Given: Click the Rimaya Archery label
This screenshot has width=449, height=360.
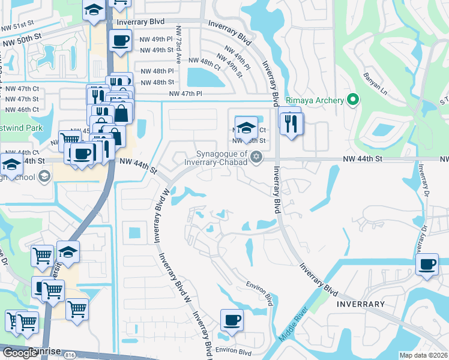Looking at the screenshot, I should point(315,100).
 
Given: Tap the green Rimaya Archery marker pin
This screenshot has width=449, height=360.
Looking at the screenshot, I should point(354,100).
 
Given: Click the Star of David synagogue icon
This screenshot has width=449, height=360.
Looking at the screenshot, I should point(257,157).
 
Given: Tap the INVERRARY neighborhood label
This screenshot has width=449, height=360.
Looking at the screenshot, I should point(361,304).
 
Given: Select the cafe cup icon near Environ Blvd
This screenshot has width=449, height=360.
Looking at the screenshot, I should point(232,320).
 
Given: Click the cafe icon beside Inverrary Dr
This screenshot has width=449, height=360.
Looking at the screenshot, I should point(427,265).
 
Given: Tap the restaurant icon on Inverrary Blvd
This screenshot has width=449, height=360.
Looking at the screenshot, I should point(292,123).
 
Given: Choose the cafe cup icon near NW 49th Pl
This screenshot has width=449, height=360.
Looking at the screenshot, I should point(120,41).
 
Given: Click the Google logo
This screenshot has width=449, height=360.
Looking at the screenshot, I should point(20,353).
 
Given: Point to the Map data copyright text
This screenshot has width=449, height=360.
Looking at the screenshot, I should point(424,355).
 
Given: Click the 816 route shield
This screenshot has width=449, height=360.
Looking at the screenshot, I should point(71,355).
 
